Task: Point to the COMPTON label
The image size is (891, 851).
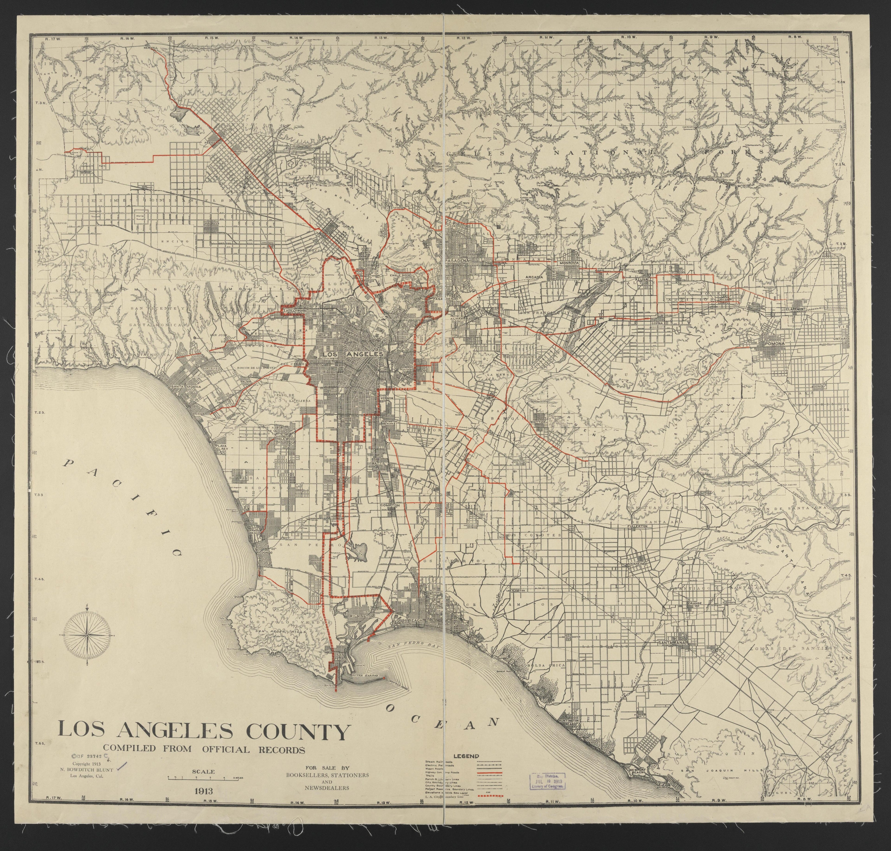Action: [x=390, y=505]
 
